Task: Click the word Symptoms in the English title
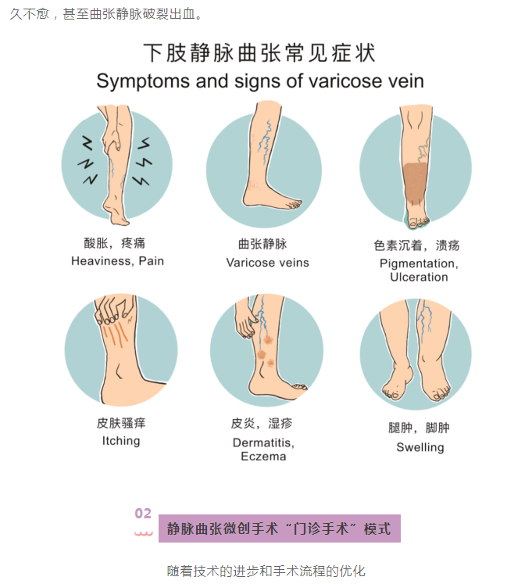click(x=143, y=81)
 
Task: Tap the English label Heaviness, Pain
click(x=117, y=261)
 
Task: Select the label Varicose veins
click(x=267, y=263)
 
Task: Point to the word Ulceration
click(x=420, y=277)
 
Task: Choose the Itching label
click(x=121, y=441)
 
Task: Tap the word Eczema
click(x=263, y=457)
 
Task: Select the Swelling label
click(x=420, y=447)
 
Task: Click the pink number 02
click(x=143, y=513)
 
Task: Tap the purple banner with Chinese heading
click(x=280, y=528)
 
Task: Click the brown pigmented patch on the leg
click(x=415, y=184)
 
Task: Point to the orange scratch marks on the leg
click(x=116, y=334)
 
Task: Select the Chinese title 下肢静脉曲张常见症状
click(x=259, y=52)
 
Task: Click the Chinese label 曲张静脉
click(x=262, y=245)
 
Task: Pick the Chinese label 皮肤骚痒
click(x=121, y=423)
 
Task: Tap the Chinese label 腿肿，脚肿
click(x=419, y=428)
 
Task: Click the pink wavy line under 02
click(x=144, y=534)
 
